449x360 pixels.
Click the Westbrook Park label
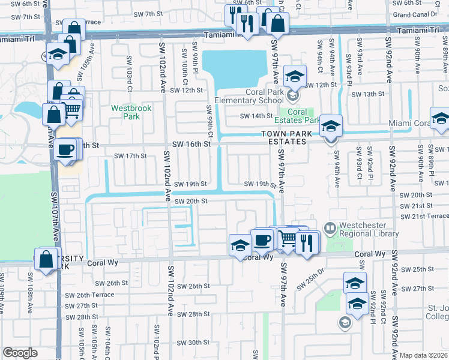pos(131,112)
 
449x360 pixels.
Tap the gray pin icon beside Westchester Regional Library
pos(329,228)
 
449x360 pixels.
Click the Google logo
pos(20,353)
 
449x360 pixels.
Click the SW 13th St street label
pos(367,94)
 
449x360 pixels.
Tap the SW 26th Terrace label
pos(89,295)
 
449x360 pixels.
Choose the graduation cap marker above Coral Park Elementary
pos(295,76)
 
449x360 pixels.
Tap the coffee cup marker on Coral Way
pos(262,240)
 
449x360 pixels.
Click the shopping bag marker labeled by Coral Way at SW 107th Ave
pos(46,259)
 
